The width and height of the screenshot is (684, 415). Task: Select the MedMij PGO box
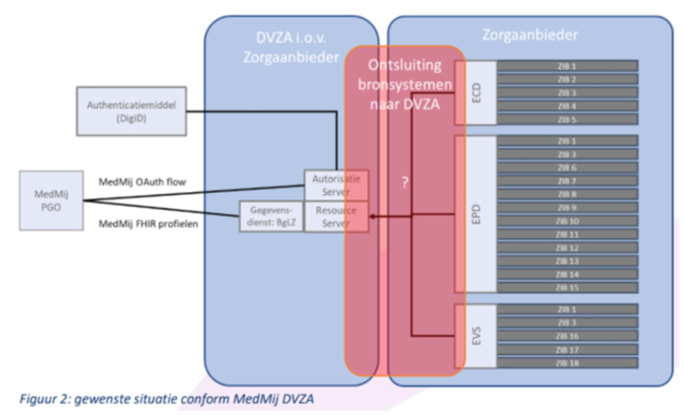(52, 201)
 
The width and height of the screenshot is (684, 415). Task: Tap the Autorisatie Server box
(336, 184)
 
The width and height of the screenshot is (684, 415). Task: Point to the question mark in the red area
(404, 184)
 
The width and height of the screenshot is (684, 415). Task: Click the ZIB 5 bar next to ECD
(567, 119)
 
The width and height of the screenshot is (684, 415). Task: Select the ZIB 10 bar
(567, 221)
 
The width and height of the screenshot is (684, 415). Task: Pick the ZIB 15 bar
(567, 287)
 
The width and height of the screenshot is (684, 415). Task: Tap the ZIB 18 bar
(567, 362)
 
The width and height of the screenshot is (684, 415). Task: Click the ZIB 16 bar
(567, 336)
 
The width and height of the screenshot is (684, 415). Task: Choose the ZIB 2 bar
(567, 79)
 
